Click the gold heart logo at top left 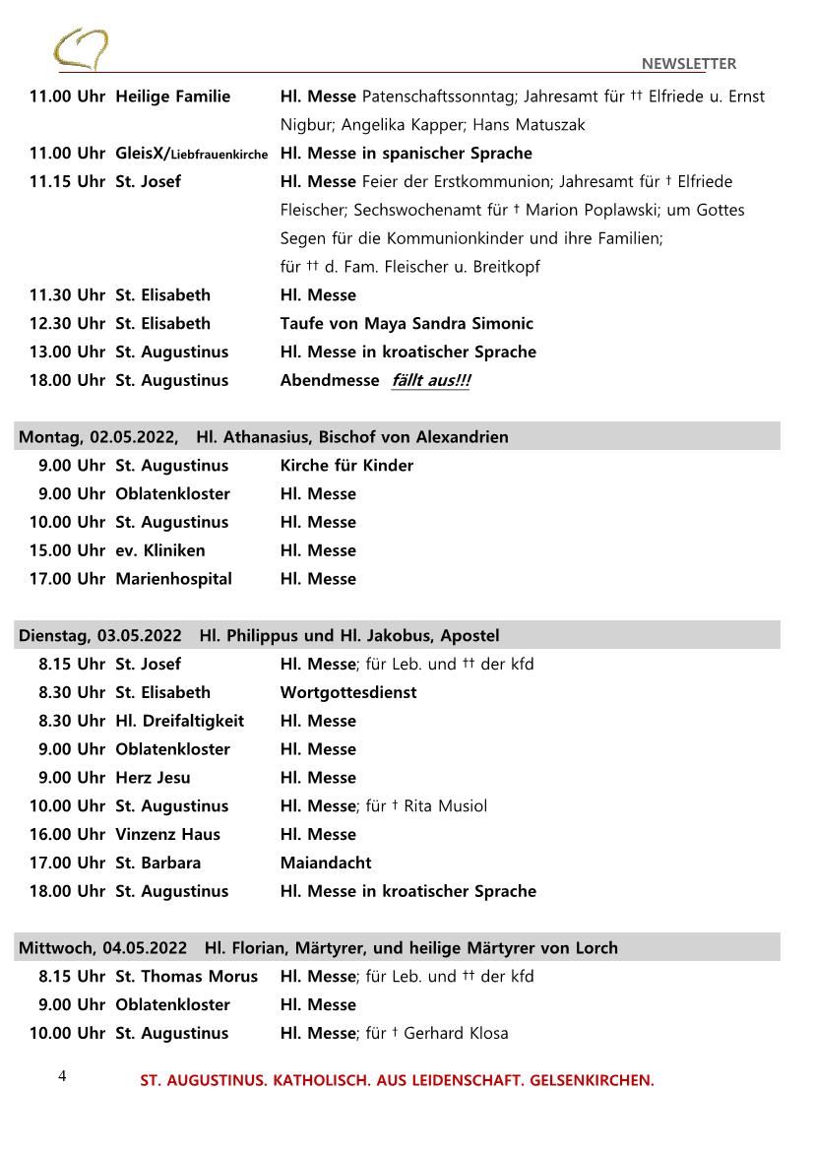pos(82,47)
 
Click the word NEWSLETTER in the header pos(688,64)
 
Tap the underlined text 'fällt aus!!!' pos(430,380)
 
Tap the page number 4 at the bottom pos(62,1076)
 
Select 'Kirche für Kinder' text pos(346,465)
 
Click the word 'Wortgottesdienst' pos(348,692)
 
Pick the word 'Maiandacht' pos(326,863)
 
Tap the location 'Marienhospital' pos(173,579)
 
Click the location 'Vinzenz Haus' pos(167,834)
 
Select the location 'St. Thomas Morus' pos(186,976)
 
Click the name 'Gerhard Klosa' pos(456,1033)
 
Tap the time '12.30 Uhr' pos(67,323)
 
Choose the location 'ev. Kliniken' pos(160,550)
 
